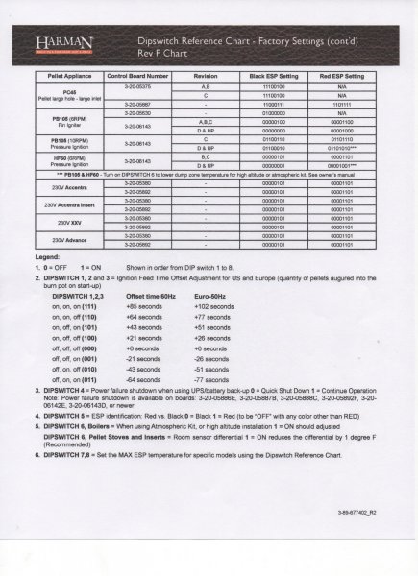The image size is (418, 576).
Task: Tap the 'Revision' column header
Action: tap(208, 73)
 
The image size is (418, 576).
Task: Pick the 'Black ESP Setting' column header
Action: tap(272, 73)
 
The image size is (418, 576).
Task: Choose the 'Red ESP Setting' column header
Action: tap(341, 73)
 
